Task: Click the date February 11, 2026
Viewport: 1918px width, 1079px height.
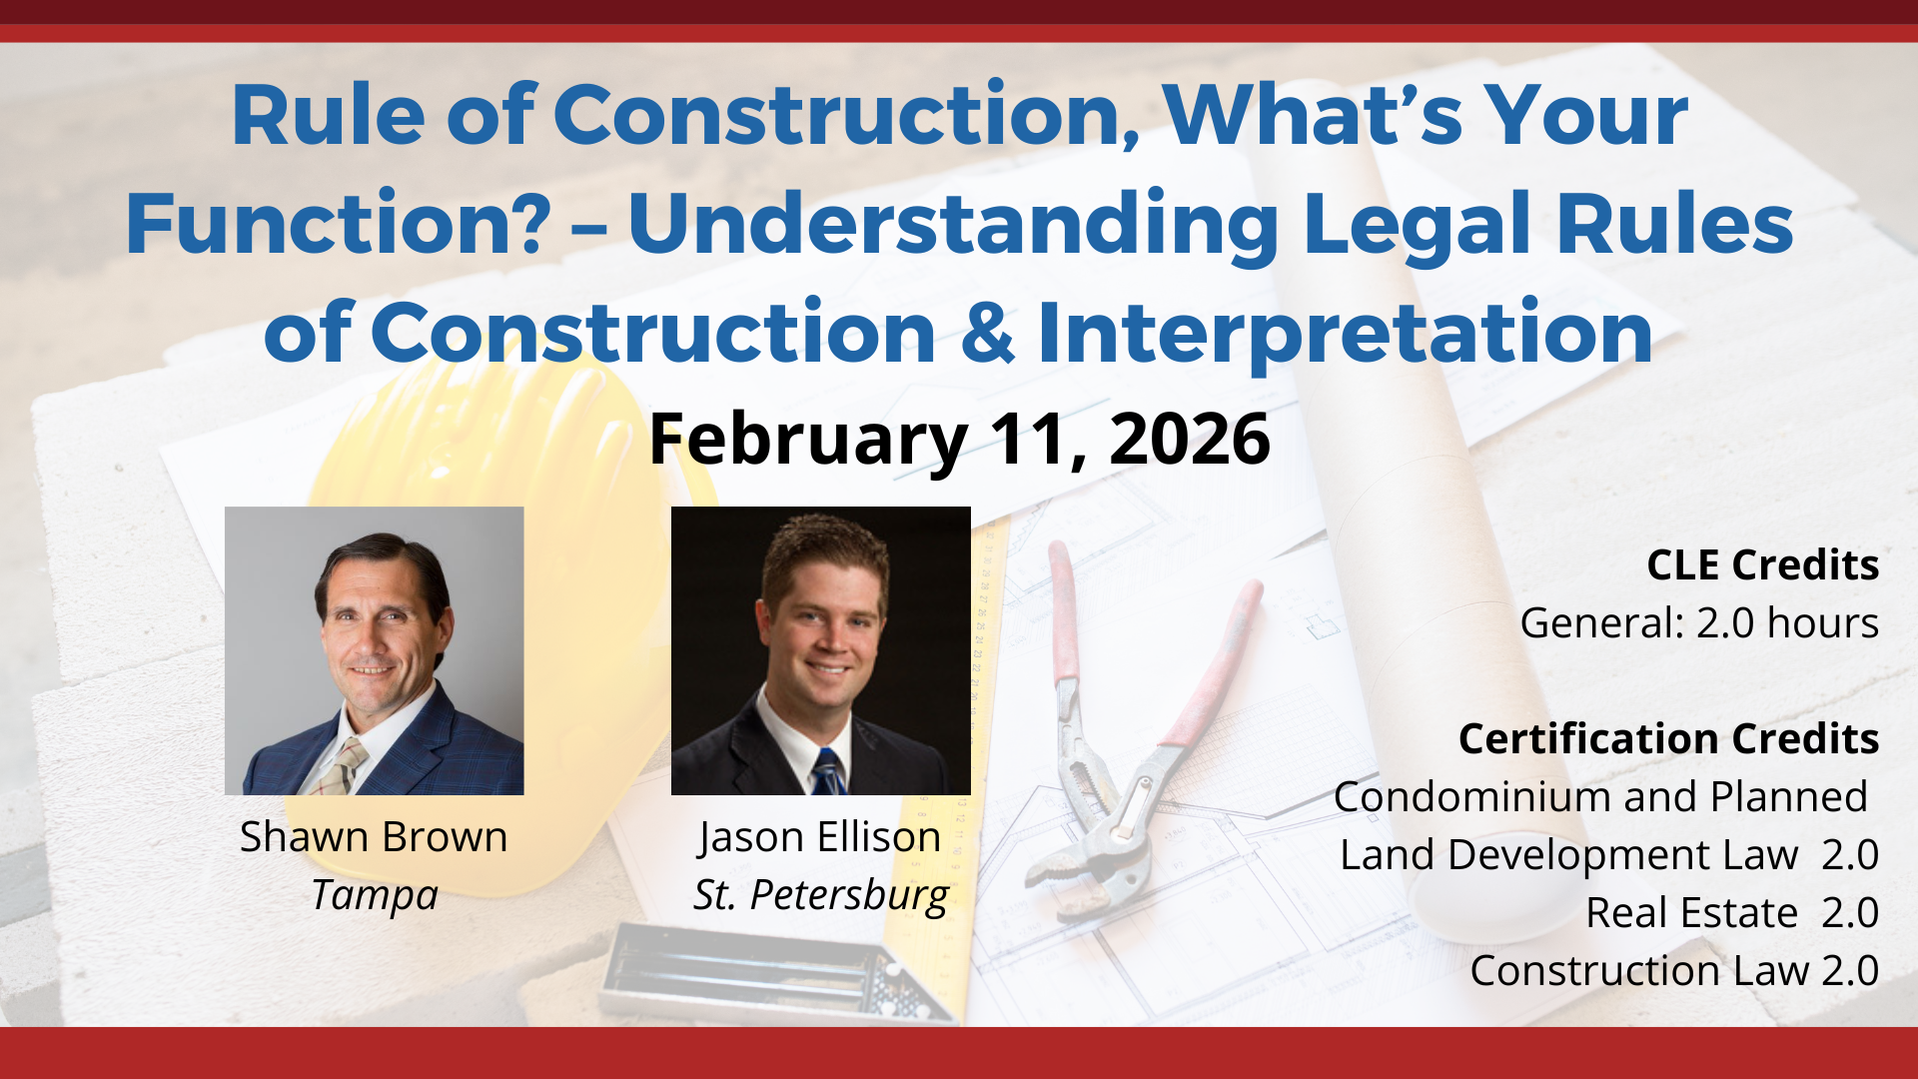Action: click(x=959, y=440)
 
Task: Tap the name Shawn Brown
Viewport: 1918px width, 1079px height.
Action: click(x=374, y=837)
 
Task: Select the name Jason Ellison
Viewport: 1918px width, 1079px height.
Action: click(x=820, y=837)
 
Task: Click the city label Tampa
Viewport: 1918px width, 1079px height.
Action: click(x=375, y=895)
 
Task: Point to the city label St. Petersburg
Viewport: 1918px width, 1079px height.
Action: click(x=820, y=895)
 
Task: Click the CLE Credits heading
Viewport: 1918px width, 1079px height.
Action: click(x=1762, y=565)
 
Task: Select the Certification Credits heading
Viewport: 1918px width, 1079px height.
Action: click(x=1668, y=739)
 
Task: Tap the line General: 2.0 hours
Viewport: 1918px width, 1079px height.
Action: click(x=1698, y=623)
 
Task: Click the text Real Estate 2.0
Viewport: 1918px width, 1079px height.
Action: click(x=1731, y=913)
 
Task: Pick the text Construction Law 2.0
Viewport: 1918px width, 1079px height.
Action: click(x=1674, y=971)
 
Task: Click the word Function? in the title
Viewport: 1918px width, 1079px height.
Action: click(x=338, y=224)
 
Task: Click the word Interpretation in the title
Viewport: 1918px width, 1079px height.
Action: click(x=1345, y=334)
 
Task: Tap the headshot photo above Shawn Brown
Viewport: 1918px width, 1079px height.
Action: click(x=374, y=650)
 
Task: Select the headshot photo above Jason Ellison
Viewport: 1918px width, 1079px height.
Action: click(x=820, y=650)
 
